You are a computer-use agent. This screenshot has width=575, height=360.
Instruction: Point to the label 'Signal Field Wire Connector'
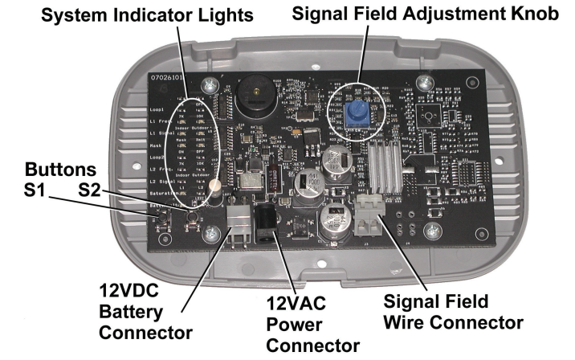453,312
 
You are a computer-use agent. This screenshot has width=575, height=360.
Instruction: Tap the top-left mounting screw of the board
210,84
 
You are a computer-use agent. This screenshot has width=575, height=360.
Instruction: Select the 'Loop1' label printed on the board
158,108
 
